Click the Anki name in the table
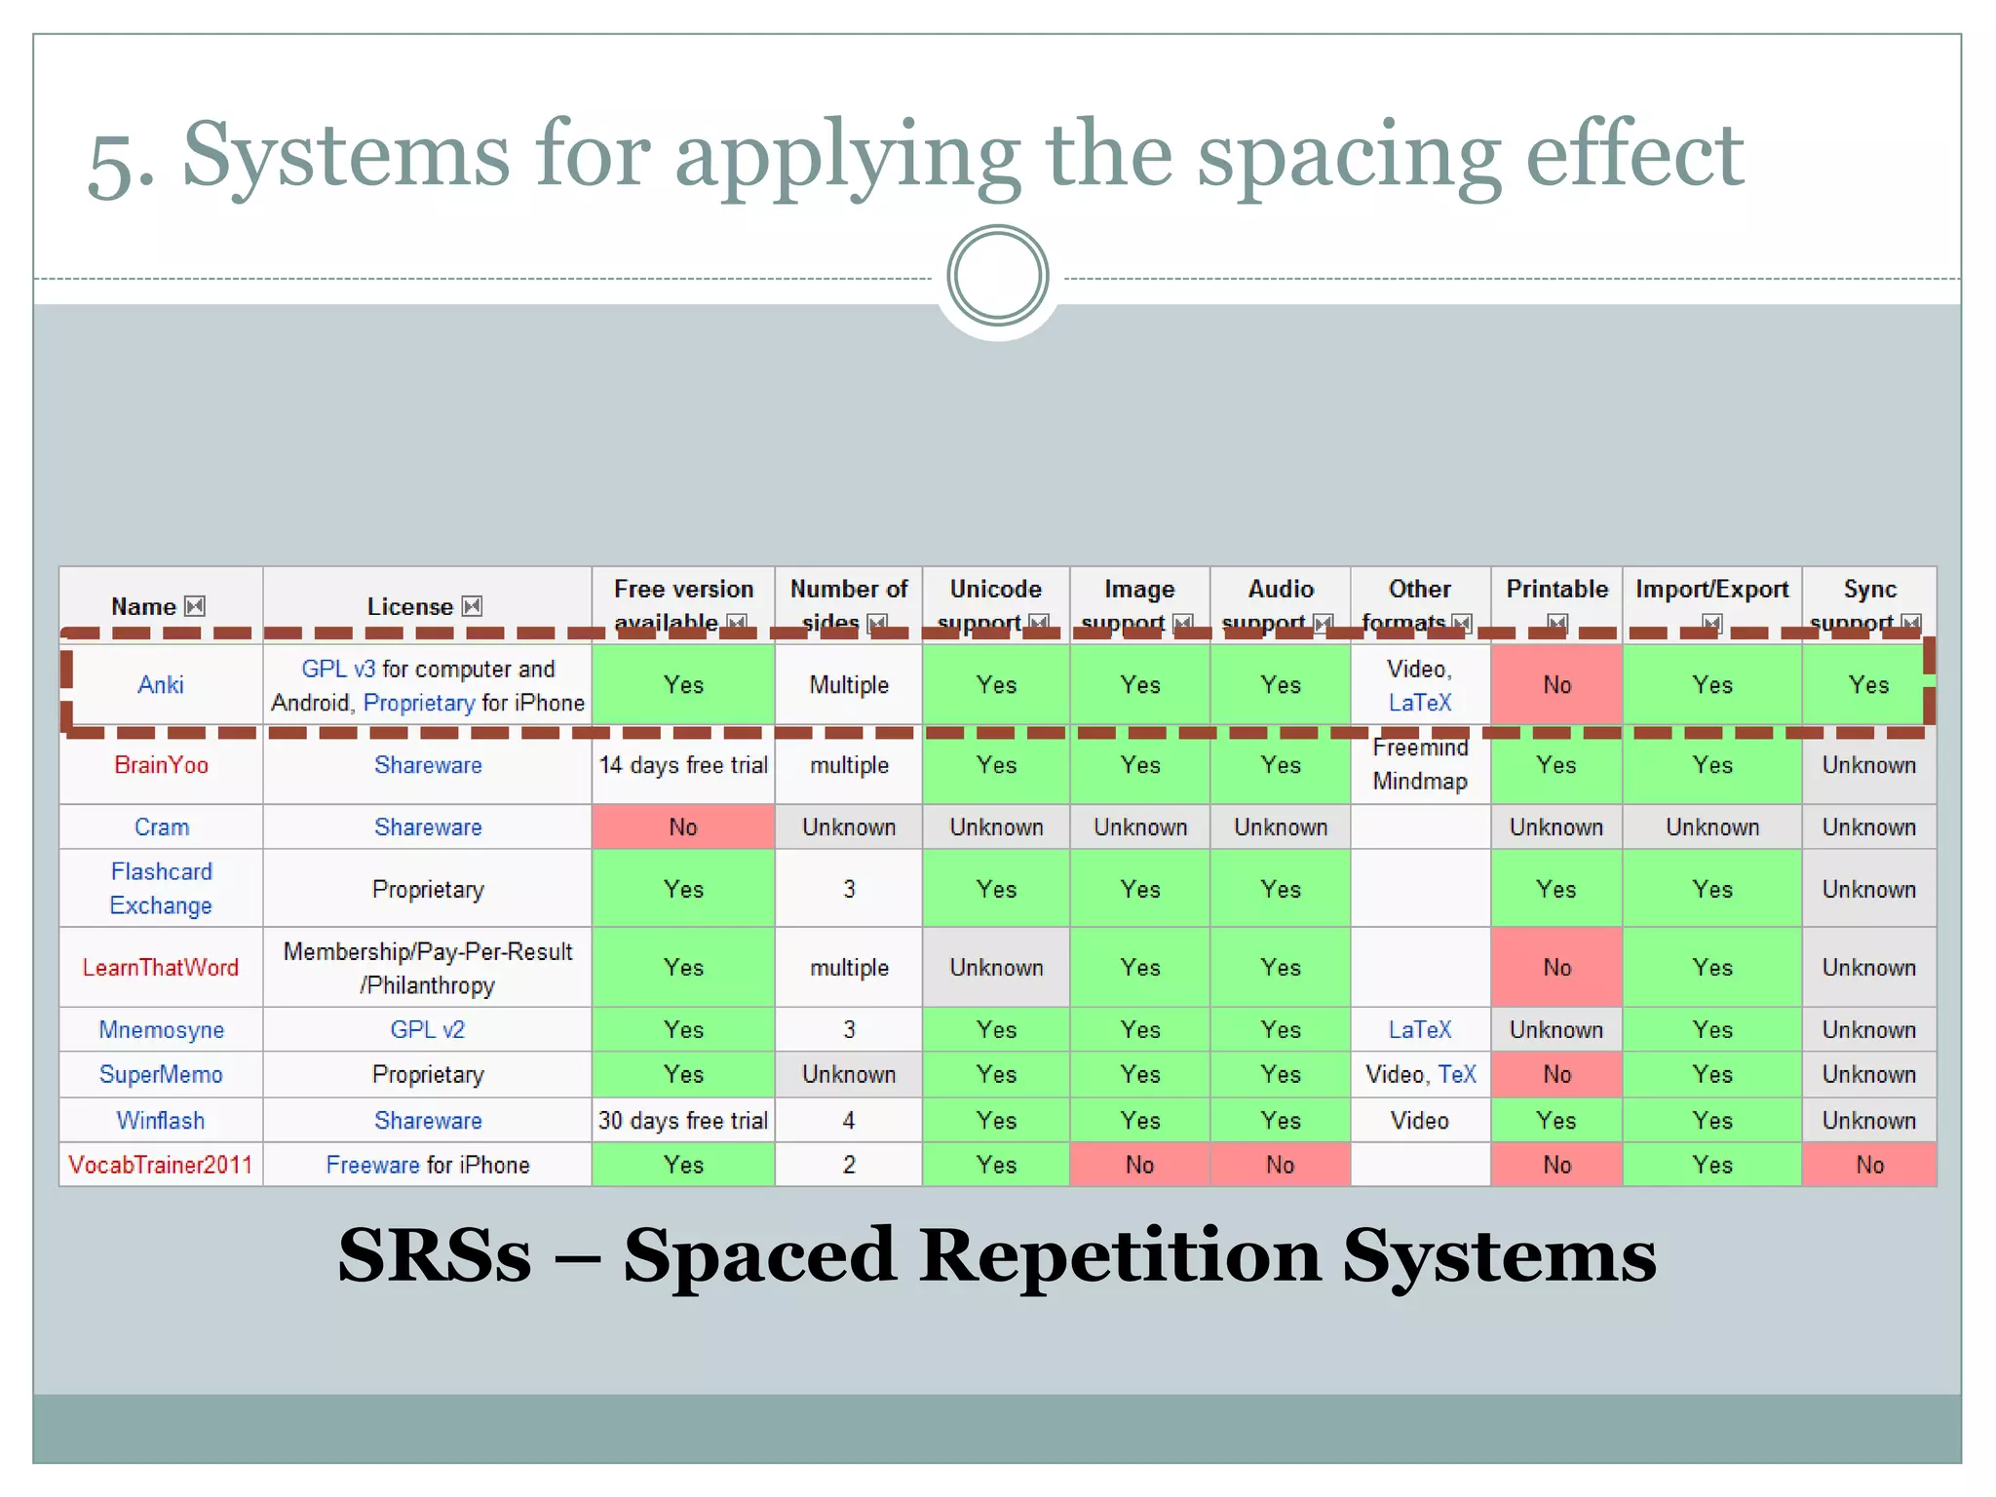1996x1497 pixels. (x=161, y=685)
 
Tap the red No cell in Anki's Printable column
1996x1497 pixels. (x=1556, y=685)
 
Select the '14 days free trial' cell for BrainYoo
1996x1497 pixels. (x=683, y=765)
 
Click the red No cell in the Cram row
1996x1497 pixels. (x=683, y=827)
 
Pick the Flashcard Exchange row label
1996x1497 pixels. (x=161, y=889)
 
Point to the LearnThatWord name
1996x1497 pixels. (x=161, y=968)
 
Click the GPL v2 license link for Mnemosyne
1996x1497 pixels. (x=427, y=1030)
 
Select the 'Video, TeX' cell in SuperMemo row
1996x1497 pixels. (x=1420, y=1075)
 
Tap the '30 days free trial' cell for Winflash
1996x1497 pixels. (x=683, y=1121)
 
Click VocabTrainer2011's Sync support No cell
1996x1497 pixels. (x=1869, y=1166)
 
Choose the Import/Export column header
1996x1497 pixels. (x=1711, y=590)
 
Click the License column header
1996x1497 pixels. (x=409, y=607)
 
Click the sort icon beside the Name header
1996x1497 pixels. (x=195, y=607)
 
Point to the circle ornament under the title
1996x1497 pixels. (x=997, y=277)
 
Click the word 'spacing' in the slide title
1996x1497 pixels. (x=1349, y=156)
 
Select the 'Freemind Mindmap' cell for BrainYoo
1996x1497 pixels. (x=1420, y=765)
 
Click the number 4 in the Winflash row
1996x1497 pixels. (x=849, y=1121)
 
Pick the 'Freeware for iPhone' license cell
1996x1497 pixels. (x=427, y=1166)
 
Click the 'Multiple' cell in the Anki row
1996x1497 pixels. (x=849, y=685)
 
